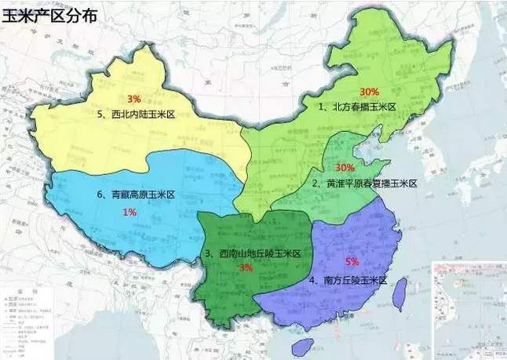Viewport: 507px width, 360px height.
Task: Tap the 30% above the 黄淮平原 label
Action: click(345, 168)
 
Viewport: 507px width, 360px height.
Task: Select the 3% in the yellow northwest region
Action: click(133, 99)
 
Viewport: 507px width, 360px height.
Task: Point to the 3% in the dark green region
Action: click(246, 267)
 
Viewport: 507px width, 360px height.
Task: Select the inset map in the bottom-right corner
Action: click(469, 311)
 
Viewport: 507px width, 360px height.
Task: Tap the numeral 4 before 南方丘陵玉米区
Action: click(313, 280)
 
